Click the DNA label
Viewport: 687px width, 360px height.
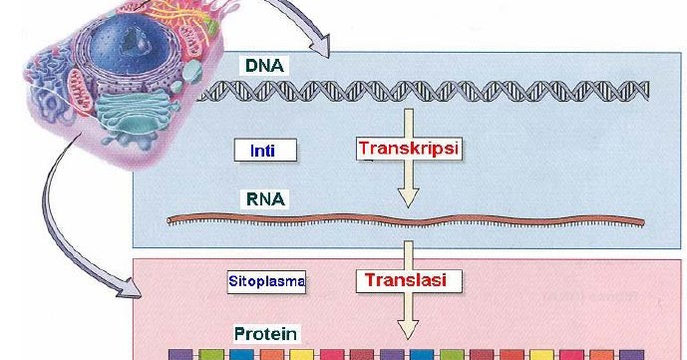click(x=265, y=66)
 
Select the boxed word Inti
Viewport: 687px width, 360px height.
click(x=265, y=151)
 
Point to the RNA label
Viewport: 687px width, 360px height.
click(x=265, y=198)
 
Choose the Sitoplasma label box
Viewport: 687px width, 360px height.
click(x=266, y=282)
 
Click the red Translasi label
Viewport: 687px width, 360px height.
click(x=409, y=281)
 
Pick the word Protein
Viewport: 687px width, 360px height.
click(x=265, y=334)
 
